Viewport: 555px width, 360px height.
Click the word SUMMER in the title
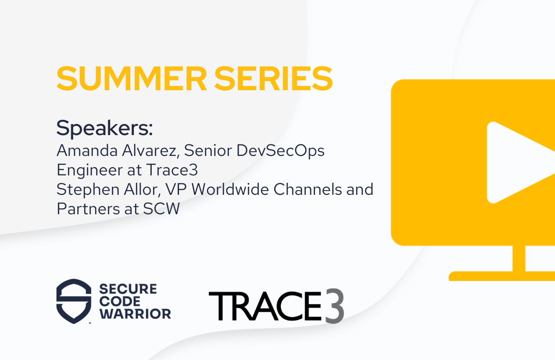pyautogui.click(x=131, y=79)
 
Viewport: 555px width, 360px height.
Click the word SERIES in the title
pyautogui.click(x=273, y=79)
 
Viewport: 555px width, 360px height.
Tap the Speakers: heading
pyautogui.click(x=105, y=128)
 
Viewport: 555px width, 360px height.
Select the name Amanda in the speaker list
pyautogui.click(x=87, y=150)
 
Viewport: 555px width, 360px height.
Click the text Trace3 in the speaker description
pyautogui.click(x=172, y=170)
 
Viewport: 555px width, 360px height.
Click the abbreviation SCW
pyautogui.click(x=161, y=209)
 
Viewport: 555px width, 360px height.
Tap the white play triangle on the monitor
pyautogui.click(x=521, y=162)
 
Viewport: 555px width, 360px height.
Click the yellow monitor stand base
pyautogui.click(x=502, y=276)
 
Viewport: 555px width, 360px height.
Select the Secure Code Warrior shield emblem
pyautogui.click(x=74, y=301)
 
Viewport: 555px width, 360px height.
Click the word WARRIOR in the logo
pyautogui.click(x=135, y=314)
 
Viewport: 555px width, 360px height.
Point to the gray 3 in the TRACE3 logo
pyautogui.click(x=334, y=306)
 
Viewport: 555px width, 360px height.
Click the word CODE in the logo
pyautogui.click(x=120, y=302)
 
